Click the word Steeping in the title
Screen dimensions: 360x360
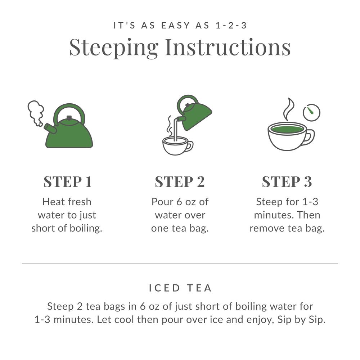click(114, 48)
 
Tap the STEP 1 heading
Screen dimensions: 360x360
click(67, 182)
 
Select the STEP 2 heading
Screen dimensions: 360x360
click(180, 182)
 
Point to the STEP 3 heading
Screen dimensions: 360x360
click(287, 182)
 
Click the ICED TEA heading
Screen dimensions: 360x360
click(180, 288)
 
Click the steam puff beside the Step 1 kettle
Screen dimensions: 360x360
click(36, 112)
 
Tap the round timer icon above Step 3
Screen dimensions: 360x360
click(311, 113)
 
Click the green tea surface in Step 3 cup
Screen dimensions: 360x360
click(287, 129)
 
